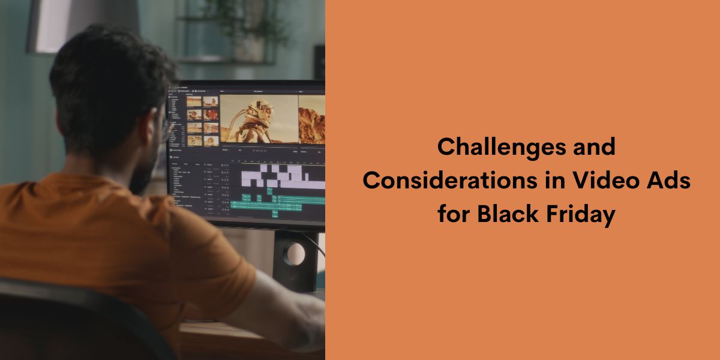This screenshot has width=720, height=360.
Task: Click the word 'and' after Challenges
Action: click(594, 147)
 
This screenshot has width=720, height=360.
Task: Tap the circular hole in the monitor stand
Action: click(293, 254)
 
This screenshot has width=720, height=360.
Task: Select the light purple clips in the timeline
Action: click(276, 175)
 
